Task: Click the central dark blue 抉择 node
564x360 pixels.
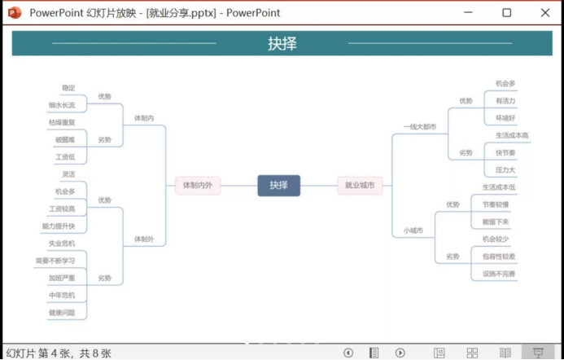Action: [278, 186]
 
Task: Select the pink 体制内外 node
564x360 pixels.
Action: [197, 186]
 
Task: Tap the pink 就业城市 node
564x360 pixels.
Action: [360, 186]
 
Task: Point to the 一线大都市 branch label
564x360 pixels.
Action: [420, 127]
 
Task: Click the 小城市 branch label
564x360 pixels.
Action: [413, 230]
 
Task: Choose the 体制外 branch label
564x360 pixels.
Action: [144, 239]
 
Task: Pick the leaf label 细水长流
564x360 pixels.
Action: [61, 105]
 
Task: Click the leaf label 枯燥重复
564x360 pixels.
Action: [61, 122]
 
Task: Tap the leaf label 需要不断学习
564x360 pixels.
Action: [55, 261]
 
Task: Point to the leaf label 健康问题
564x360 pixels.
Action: [61, 313]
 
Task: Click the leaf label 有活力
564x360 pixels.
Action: [505, 101]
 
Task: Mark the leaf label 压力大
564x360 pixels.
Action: [505, 170]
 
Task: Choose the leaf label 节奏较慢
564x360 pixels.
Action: [496, 204]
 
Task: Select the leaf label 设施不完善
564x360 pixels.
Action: [499, 274]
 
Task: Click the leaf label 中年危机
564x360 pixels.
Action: [61, 295]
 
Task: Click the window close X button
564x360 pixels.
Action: [544, 13]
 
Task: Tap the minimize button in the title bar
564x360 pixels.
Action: [468, 13]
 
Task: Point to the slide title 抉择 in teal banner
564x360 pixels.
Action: [282, 44]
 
